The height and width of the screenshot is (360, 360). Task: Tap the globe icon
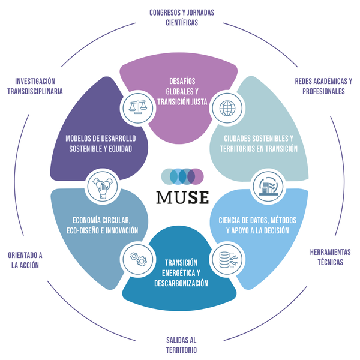[x=227, y=108]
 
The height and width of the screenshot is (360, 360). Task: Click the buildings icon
[x=264, y=185]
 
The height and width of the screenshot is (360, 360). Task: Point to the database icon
[x=226, y=258]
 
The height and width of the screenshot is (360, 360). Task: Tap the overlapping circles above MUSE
[x=182, y=176]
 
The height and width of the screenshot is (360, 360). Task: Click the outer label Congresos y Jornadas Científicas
[x=181, y=17]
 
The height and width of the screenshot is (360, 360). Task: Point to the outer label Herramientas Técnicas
[x=329, y=257]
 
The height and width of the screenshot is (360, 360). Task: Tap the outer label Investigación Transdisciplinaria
[x=39, y=86]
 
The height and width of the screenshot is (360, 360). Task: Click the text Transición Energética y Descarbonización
[x=182, y=272]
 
